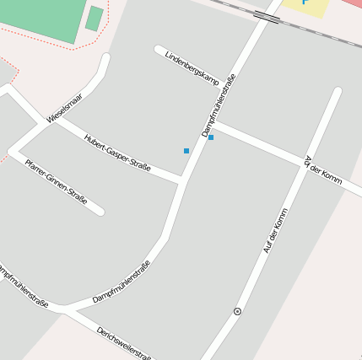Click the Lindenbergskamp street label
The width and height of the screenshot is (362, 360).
point(192,69)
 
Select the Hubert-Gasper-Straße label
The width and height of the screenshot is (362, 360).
point(117,153)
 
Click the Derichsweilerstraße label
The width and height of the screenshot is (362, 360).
point(124,342)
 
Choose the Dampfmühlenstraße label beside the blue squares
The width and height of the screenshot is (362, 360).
point(219,106)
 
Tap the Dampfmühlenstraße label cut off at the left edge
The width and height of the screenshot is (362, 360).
point(22,287)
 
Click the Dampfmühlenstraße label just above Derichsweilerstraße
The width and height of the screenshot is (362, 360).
point(122,282)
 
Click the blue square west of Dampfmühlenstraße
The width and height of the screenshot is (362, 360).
point(186,151)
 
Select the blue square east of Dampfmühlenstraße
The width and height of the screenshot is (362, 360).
point(211,137)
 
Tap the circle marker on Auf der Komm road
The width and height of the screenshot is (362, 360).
point(237,311)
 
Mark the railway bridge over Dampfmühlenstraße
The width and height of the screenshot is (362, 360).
point(267,16)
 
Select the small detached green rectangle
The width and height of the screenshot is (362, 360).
point(95,19)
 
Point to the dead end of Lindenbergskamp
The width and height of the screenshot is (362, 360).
point(159,49)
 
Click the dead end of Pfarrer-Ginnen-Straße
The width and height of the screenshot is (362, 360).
point(100,211)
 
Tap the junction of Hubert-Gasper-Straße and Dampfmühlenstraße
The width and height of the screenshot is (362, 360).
point(183,179)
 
